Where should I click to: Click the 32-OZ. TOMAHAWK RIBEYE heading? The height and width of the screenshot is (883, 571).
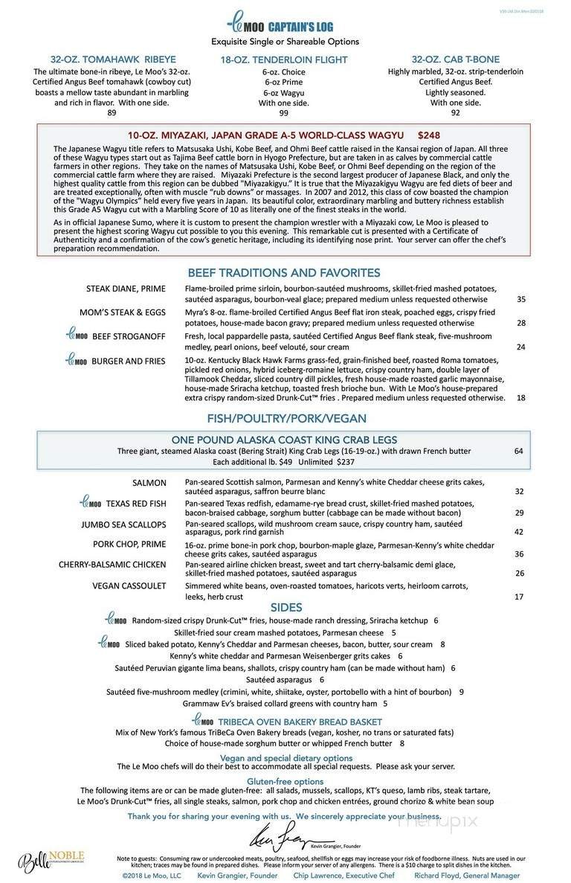pyautogui.click(x=112, y=60)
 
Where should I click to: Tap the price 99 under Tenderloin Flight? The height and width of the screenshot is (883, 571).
pyautogui.click(x=284, y=113)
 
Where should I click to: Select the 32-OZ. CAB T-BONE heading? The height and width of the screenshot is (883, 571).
pyautogui.click(x=455, y=60)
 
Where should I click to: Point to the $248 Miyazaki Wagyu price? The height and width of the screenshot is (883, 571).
pyautogui.click(x=429, y=135)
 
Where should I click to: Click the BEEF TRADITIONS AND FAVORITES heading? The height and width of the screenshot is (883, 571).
pyautogui.click(x=284, y=272)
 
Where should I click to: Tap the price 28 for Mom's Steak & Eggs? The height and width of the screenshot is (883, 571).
pyautogui.click(x=520, y=323)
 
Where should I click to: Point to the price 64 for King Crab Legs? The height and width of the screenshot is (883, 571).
pyautogui.click(x=518, y=451)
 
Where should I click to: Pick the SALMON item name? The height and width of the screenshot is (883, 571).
pyautogui.click(x=149, y=483)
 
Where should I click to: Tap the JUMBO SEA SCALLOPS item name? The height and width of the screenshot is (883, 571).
pyautogui.click(x=124, y=524)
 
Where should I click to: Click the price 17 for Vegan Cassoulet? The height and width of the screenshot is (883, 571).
pyautogui.click(x=519, y=597)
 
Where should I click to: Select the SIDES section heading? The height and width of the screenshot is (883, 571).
pyautogui.click(x=285, y=608)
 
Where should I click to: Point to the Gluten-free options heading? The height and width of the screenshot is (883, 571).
pyautogui.click(x=285, y=781)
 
